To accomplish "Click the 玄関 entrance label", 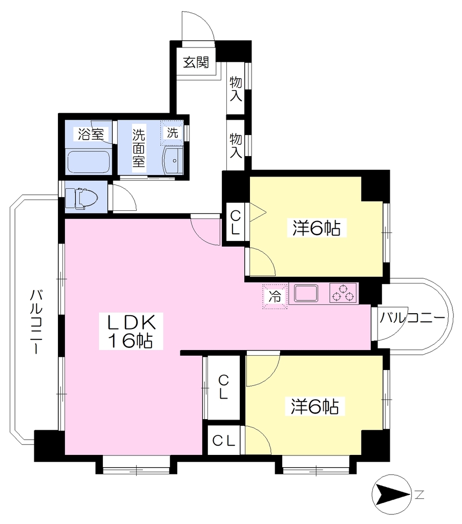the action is pos(196,62).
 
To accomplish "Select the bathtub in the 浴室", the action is pos(89,162).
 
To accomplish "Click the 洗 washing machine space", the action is pos(172,133).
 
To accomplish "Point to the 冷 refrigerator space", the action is pos(275,296).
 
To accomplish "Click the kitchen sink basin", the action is pos(306,293).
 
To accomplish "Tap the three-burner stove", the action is pos(343,293).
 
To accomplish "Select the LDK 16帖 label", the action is pos(131,331).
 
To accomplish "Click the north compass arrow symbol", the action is pos(392,494).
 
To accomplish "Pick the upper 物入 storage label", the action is pos(236,89).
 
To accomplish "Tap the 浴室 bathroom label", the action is pos(91,134).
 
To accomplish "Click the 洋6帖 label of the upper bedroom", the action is pos(317,228).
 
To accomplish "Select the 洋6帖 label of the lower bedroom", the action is pos(315,406).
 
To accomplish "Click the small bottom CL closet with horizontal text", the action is pos(224,441).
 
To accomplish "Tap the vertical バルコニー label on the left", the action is pos(36,321).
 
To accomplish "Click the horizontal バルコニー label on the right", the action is pos(412,317).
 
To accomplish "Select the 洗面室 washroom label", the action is pos(138,148).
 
